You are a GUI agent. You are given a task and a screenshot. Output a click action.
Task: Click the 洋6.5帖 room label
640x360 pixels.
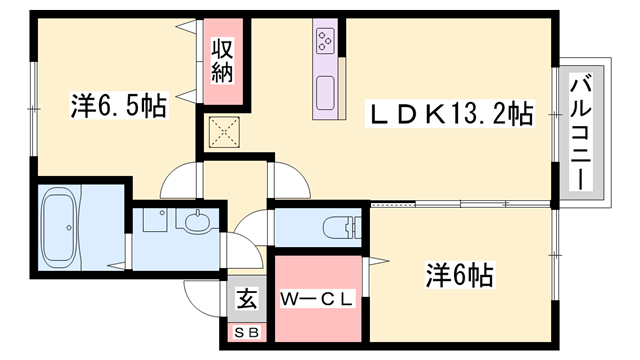point(117,104)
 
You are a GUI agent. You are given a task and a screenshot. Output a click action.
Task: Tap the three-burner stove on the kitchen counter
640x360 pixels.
point(327,41)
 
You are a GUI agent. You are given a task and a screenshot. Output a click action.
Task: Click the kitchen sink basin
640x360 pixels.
point(327,93)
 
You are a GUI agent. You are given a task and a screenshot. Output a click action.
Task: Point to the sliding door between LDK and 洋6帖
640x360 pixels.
point(460,204)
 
